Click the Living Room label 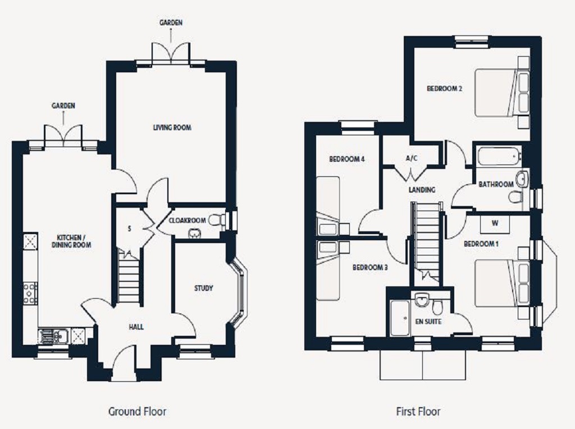tap(172, 127)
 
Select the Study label tap(203, 289)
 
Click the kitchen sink tap(54, 336)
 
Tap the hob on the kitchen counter tap(30, 293)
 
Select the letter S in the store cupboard tap(130, 229)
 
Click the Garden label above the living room tap(170, 22)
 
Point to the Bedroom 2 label tap(444, 88)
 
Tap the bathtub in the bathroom tap(499, 156)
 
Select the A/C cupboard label tap(412, 158)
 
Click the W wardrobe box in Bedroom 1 tap(495, 223)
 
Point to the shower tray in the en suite tap(400, 318)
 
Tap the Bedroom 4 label tap(347, 159)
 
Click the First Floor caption tap(418, 412)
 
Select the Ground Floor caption tap(137, 412)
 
